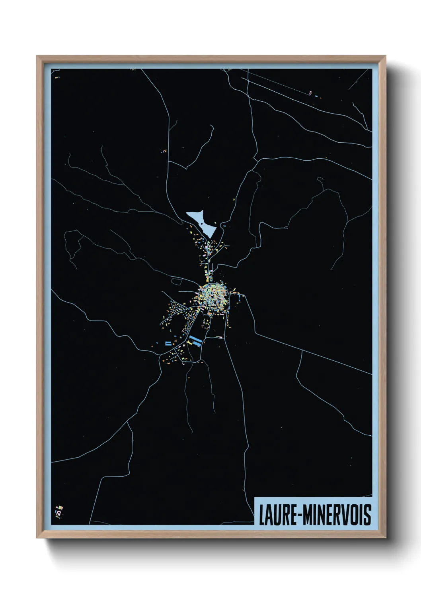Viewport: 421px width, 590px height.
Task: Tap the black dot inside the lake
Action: [202, 224]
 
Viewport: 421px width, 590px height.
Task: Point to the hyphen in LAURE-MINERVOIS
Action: [298, 515]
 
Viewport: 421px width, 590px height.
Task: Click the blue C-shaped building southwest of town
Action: [168, 343]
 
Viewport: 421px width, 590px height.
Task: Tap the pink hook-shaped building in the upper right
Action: [310, 93]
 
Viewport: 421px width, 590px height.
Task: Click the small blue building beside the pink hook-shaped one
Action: [316, 96]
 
